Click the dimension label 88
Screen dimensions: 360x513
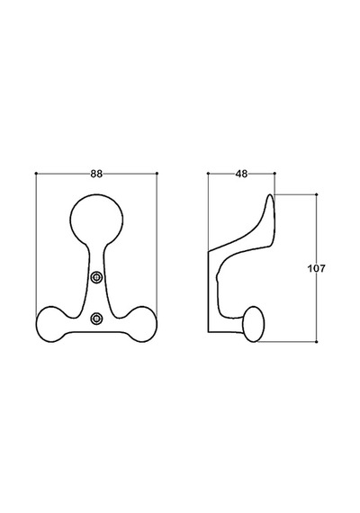[96, 174]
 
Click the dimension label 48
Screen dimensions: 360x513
[241, 174]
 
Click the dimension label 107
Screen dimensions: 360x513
[317, 268]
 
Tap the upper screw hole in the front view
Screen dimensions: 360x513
[96, 277]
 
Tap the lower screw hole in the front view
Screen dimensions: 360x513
[96, 318]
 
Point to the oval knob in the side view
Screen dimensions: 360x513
[253, 324]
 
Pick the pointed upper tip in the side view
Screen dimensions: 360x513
[271, 195]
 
